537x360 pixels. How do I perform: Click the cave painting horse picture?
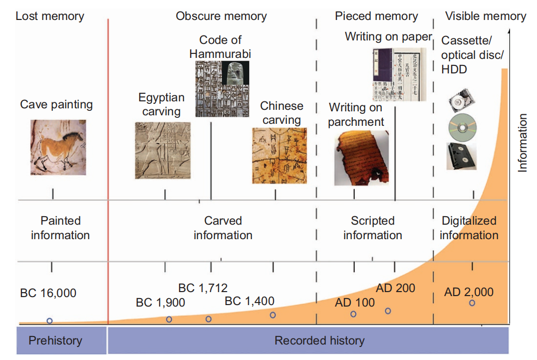click(x=58, y=147)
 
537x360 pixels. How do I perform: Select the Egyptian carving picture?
click(x=163, y=150)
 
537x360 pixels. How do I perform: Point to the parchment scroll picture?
click(x=360, y=158)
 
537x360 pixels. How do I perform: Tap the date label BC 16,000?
click(x=48, y=293)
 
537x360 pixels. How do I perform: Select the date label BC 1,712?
click(x=203, y=288)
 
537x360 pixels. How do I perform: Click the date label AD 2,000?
click(x=469, y=292)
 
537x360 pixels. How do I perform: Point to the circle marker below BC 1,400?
click(x=272, y=315)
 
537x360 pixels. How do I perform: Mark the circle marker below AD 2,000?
click(x=472, y=303)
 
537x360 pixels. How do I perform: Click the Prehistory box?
click(x=55, y=341)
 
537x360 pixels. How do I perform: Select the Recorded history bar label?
click(x=319, y=341)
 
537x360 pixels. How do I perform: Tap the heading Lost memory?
click(x=50, y=16)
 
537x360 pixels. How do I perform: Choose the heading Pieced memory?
click(x=376, y=16)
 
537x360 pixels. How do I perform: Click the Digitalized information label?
click(x=469, y=228)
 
